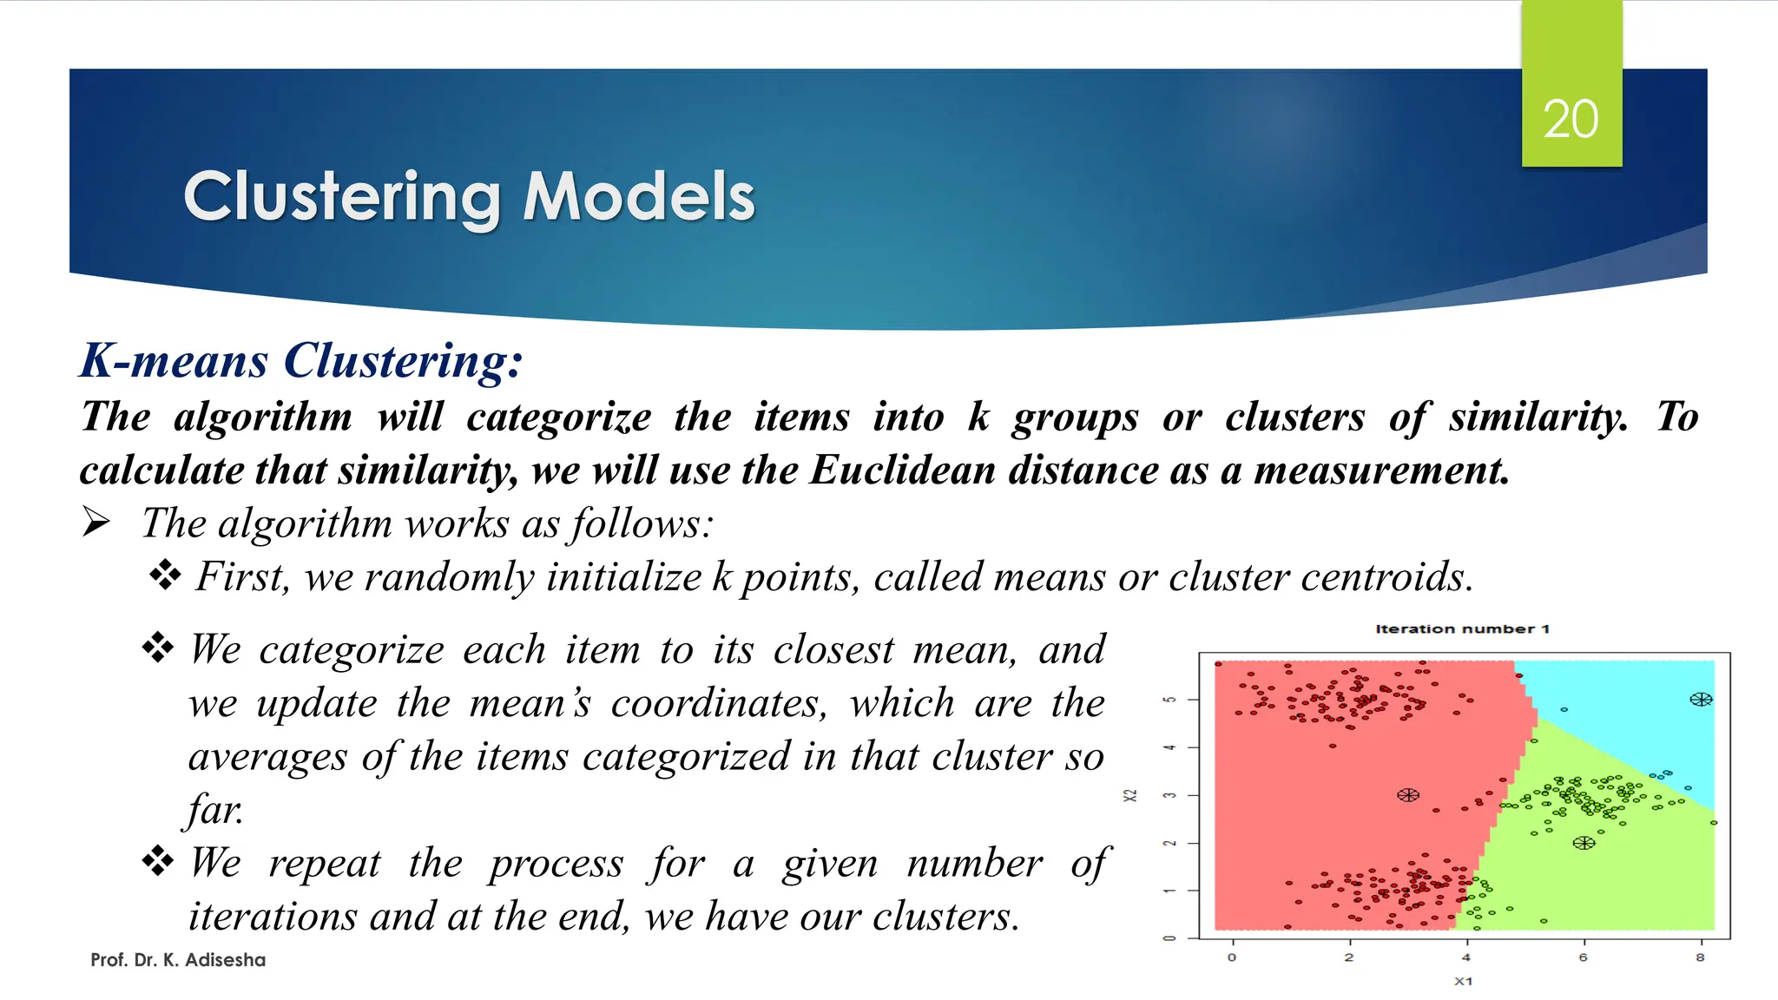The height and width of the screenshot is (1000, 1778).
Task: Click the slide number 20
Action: [1571, 119]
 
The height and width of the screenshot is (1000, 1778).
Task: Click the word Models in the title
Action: [639, 196]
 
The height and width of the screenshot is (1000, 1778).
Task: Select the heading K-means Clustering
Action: [301, 360]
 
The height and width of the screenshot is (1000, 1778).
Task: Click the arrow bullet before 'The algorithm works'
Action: [96, 523]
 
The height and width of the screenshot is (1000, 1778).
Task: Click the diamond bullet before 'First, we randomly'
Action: [165, 576]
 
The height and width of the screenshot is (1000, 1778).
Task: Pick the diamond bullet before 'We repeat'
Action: [158, 861]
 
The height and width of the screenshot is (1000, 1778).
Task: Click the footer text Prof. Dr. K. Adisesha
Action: [178, 960]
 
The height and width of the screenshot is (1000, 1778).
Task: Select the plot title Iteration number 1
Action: [1462, 628]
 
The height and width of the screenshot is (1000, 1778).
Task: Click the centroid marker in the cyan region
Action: [1701, 699]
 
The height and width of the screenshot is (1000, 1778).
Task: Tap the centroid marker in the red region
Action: [1408, 795]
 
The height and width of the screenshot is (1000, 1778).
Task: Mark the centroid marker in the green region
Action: [1584, 843]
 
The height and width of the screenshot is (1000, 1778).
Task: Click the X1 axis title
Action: [1464, 981]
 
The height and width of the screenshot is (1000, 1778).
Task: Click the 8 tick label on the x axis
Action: [1700, 957]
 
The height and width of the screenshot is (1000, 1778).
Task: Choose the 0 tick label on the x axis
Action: [1232, 957]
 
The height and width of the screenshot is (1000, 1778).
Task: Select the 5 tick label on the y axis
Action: [1170, 700]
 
